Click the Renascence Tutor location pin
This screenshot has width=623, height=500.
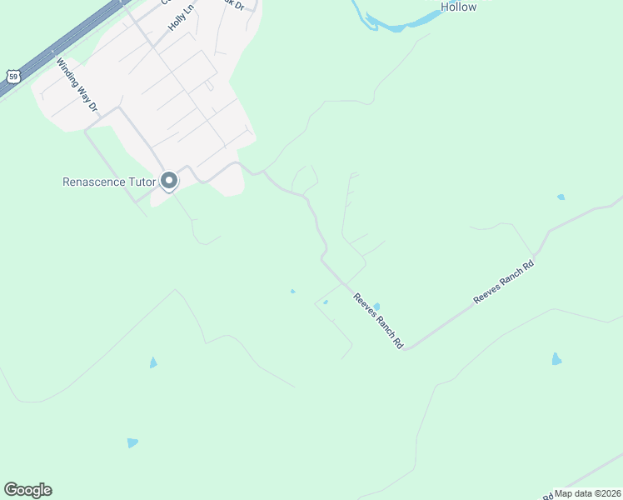tap(169, 181)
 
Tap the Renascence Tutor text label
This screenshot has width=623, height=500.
tap(109, 181)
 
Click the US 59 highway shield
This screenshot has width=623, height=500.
tap(13, 77)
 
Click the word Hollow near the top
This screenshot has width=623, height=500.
tap(458, 7)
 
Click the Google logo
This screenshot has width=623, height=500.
tap(27, 490)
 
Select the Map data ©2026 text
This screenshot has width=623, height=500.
tap(588, 493)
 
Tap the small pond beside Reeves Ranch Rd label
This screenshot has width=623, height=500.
tap(376, 307)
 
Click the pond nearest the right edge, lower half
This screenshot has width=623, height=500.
tap(556, 359)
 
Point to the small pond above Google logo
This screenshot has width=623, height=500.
tap(132, 442)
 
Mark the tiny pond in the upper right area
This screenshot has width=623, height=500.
tap(561, 197)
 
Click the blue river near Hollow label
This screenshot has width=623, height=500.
tap(391, 26)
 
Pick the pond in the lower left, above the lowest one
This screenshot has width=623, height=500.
tap(152, 362)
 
